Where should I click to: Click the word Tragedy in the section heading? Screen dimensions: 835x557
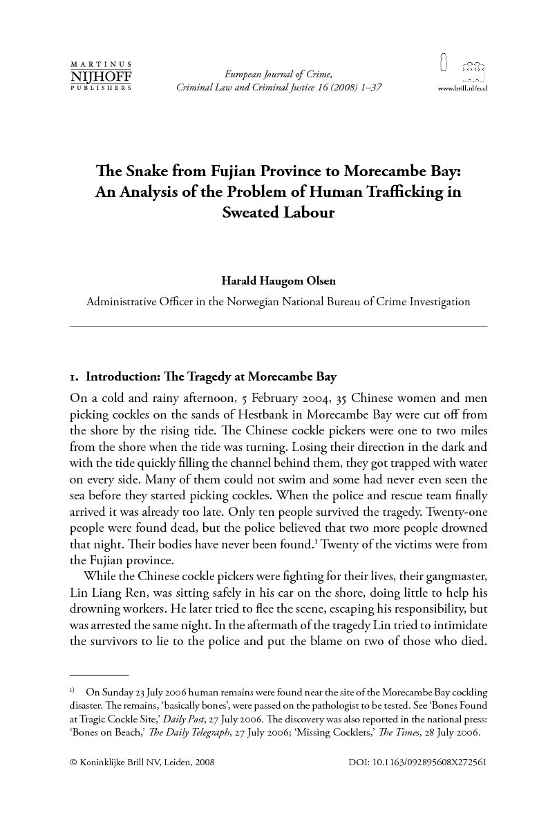pyautogui.click(x=209, y=377)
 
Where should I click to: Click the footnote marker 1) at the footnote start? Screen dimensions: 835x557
pyautogui.click(x=73, y=691)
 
